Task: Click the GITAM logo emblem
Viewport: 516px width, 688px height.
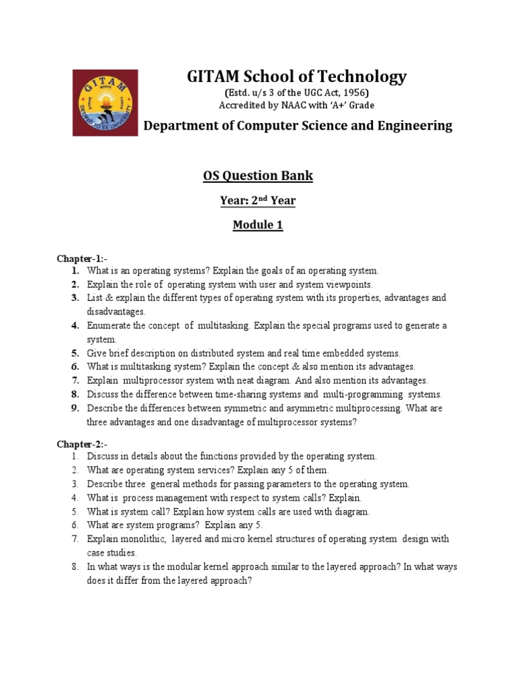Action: tap(105, 102)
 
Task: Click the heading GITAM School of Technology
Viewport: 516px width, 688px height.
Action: tap(296, 77)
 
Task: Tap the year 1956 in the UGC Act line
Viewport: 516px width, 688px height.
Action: tap(356, 93)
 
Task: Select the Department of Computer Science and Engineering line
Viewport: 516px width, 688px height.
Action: tap(299, 126)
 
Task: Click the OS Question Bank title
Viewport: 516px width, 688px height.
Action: tap(258, 176)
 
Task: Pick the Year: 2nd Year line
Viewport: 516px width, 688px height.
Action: tap(258, 200)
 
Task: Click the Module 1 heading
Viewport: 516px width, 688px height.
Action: tap(258, 225)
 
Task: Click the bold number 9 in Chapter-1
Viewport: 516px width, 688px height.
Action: tap(76, 408)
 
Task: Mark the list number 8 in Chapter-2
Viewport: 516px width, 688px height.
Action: tap(76, 567)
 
